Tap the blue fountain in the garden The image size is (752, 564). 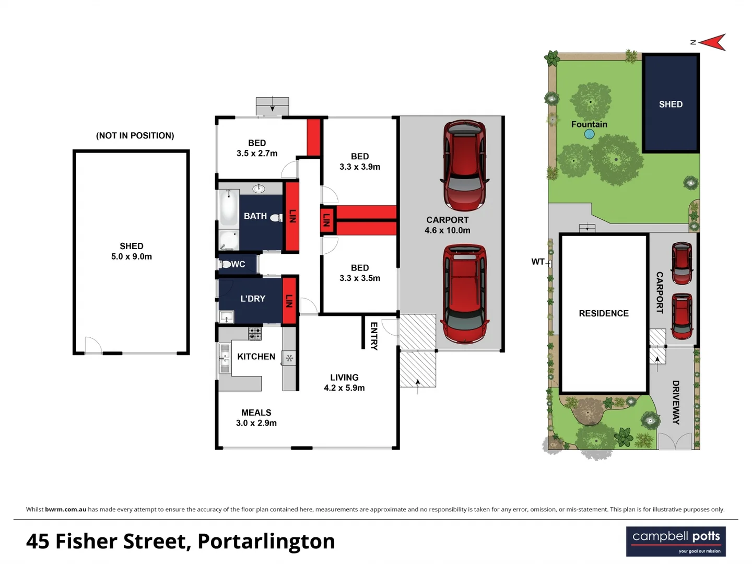pyautogui.click(x=590, y=134)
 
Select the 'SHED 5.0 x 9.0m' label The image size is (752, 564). pyautogui.click(x=132, y=251)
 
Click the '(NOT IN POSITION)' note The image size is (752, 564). pyautogui.click(x=135, y=135)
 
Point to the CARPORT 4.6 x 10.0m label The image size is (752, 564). pyautogui.click(x=448, y=225)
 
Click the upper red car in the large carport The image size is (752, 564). pyautogui.click(x=464, y=165)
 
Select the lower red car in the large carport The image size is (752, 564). pyautogui.click(x=464, y=293)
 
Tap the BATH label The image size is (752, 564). pyautogui.click(x=255, y=216)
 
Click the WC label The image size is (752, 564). pyautogui.click(x=238, y=264)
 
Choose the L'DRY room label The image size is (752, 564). pyautogui.click(x=253, y=299)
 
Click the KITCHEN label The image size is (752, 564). pyautogui.click(x=256, y=357)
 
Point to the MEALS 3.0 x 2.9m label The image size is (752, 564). pyautogui.click(x=256, y=418)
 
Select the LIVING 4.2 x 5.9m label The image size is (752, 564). pyautogui.click(x=344, y=382)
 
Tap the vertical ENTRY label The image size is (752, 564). pyautogui.click(x=374, y=336)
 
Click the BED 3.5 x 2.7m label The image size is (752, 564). pyautogui.click(x=256, y=148)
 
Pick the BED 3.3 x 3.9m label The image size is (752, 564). pyautogui.click(x=360, y=161)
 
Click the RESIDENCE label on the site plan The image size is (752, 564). pyautogui.click(x=604, y=313)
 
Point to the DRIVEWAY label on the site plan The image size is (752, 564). pyautogui.click(x=676, y=402)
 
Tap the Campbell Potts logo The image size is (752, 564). pyautogui.click(x=676, y=542)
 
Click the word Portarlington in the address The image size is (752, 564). pyautogui.click(x=266, y=542)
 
